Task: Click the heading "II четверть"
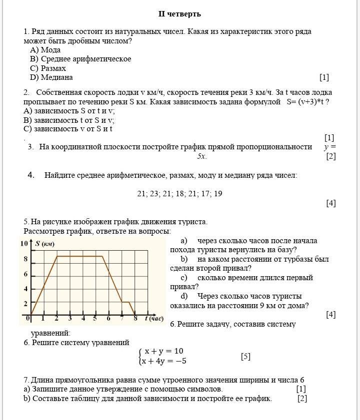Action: [x=179, y=14]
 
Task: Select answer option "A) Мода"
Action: [x=45, y=50]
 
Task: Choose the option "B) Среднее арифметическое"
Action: [x=80, y=59]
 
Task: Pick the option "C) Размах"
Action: [x=48, y=68]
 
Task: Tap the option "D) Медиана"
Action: [x=51, y=77]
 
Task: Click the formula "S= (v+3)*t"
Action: [x=307, y=102]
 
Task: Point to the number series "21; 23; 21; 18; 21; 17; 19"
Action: [x=179, y=194]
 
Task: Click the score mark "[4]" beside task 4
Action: [x=330, y=203]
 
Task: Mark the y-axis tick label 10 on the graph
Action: [x=24, y=244]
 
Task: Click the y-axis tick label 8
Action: [x=25, y=259]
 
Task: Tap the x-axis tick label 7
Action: [x=121, y=319]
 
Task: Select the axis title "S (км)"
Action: [x=44, y=244]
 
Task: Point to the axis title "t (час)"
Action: [x=154, y=319]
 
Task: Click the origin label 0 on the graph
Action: [x=28, y=318]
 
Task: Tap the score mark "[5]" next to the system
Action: [x=245, y=357]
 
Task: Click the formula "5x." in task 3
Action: [x=201, y=156]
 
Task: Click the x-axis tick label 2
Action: [x=56, y=319]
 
